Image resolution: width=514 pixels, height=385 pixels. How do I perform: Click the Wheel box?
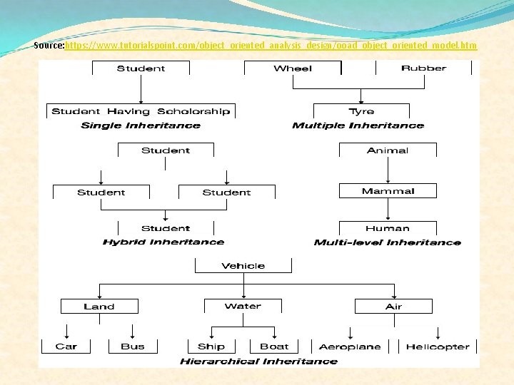293,68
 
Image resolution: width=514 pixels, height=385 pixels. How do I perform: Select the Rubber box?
423,68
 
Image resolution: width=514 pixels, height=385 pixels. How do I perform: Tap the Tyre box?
361,111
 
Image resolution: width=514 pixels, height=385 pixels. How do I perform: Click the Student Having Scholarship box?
141,111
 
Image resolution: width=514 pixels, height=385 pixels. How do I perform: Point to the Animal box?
388,150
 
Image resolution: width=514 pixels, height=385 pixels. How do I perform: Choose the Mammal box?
388,191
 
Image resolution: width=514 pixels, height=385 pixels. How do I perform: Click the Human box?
388,229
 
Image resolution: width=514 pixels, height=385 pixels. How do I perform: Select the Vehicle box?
243,266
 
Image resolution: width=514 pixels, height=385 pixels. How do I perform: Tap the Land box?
99,307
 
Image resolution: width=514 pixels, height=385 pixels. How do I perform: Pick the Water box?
243,307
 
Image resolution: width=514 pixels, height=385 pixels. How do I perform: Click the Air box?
393,307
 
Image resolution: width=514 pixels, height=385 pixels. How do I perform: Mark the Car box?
66,346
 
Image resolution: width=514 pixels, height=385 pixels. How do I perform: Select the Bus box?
133,346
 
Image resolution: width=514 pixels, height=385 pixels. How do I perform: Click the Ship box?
211,346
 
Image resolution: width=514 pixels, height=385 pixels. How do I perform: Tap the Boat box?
274,346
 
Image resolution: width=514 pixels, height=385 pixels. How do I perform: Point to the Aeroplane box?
350,346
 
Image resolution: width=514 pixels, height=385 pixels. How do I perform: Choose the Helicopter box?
438,346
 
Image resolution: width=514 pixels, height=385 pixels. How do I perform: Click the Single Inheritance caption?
141,125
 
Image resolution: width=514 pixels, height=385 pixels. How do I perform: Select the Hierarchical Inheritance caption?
258,361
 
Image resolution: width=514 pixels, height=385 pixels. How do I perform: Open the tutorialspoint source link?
271,46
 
